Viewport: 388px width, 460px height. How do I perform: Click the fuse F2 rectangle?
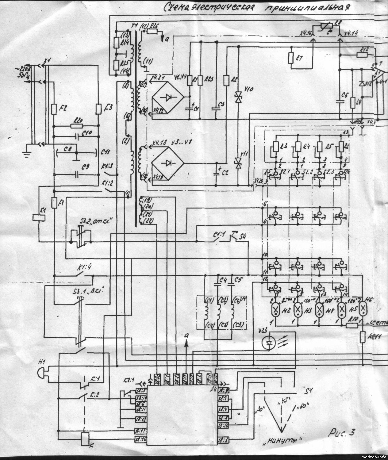[x=54, y=109]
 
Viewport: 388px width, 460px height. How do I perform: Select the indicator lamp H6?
[x=363, y=311]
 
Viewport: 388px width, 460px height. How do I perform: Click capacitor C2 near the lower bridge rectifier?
[x=217, y=172]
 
